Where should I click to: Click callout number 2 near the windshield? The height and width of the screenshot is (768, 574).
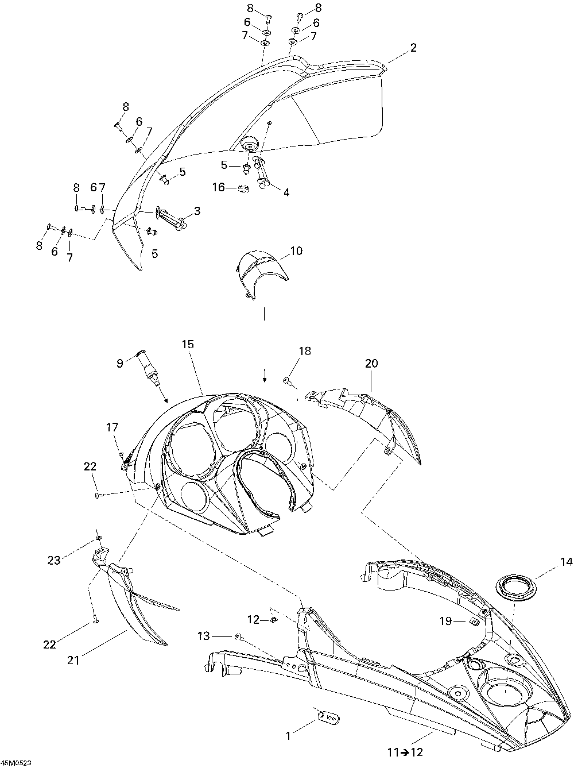(413, 49)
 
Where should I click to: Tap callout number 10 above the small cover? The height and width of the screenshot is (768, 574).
(296, 251)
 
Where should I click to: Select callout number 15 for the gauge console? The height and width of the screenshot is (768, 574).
(188, 344)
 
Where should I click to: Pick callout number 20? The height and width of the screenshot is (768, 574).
(371, 363)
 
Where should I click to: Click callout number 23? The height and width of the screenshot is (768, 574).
(54, 561)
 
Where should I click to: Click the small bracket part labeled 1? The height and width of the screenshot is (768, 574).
(327, 716)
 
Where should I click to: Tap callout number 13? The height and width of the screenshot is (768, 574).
(204, 635)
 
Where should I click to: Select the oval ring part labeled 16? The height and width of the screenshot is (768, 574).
(243, 187)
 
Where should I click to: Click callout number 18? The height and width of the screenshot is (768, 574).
(304, 351)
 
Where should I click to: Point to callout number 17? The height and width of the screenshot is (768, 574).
(112, 427)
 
